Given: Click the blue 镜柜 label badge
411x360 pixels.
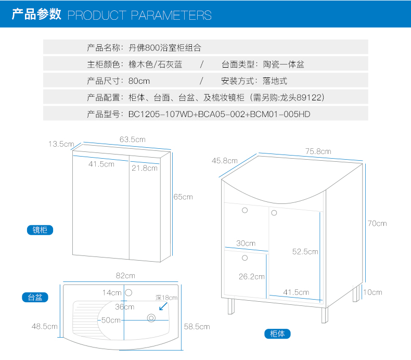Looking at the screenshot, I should (x=40, y=230).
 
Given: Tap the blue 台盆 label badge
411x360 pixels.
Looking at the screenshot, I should (x=35, y=298).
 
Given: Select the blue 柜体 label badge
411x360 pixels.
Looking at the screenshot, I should (x=277, y=334).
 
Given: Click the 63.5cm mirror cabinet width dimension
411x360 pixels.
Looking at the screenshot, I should (x=132, y=139).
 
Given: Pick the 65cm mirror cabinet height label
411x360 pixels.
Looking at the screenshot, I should (x=183, y=197).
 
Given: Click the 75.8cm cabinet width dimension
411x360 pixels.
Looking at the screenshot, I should (x=318, y=151).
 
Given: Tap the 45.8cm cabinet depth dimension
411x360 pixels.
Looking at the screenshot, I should (x=224, y=161).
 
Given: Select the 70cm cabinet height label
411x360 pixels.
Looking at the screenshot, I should (x=377, y=223).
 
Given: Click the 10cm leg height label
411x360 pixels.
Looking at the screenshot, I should (x=373, y=292).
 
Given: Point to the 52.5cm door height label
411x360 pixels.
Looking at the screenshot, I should (x=305, y=251).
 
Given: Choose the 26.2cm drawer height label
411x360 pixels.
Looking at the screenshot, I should (x=252, y=277).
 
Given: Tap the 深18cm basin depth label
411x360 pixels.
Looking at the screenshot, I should (x=166, y=298).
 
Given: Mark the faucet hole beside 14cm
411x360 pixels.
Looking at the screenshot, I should (x=130, y=292).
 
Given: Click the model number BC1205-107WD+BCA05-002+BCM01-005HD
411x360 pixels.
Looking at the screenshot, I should (x=219, y=114).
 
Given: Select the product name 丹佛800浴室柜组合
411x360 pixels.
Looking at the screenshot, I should (x=164, y=48).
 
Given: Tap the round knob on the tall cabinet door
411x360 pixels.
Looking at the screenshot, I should (x=274, y=212).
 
